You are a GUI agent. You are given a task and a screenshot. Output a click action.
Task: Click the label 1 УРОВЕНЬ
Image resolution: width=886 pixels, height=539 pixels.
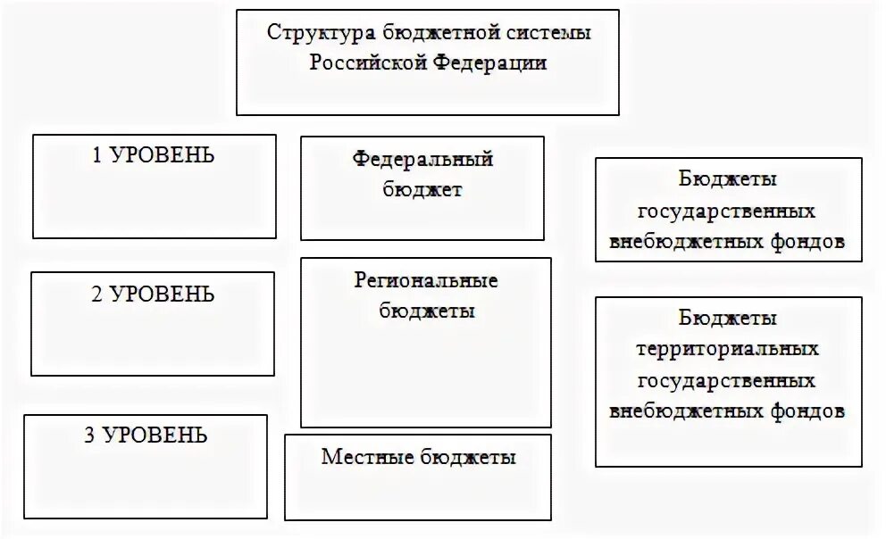point(154,155)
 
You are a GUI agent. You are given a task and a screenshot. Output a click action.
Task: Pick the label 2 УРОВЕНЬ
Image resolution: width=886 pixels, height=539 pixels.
point(153,294)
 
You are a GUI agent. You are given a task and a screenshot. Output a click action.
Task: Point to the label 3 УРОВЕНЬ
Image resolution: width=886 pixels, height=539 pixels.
point(146,435)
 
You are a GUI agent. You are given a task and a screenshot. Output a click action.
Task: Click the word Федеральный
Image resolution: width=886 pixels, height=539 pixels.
point(422,160)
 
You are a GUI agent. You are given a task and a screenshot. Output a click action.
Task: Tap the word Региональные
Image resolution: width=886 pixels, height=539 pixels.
point(426,281)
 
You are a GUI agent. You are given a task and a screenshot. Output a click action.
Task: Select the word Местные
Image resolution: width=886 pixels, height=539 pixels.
point(357,458)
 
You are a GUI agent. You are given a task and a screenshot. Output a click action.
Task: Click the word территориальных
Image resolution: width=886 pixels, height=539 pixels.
point(727,349)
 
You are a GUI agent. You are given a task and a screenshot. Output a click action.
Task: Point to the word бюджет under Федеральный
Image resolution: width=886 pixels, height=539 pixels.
point(422,189)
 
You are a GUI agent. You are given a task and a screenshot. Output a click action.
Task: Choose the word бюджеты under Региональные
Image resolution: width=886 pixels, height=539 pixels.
point(426,311)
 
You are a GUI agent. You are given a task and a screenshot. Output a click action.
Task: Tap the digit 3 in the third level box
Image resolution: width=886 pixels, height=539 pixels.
point(89,435)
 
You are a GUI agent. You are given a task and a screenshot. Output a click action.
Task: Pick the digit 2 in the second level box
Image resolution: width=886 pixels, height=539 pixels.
point(96,294)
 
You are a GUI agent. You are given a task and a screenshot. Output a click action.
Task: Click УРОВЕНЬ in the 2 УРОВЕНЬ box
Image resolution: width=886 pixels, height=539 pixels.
point(163,294)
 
